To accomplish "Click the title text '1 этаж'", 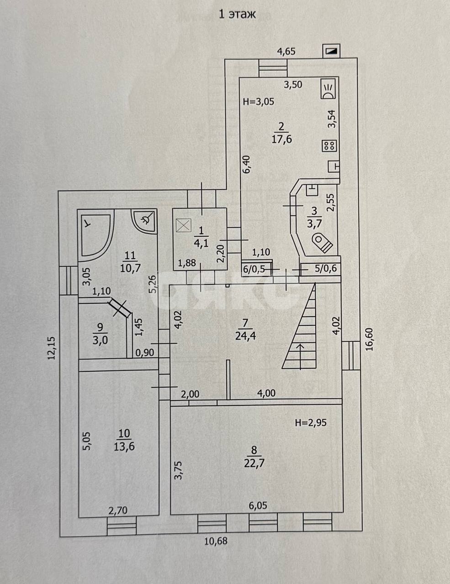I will [x=237, y=14].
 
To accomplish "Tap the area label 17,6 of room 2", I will [x=281, y=139].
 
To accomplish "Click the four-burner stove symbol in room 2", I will [x=330, y=146].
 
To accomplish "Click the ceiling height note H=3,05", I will [x=259, y=102].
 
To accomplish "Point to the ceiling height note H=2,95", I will [x=311, y=422].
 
